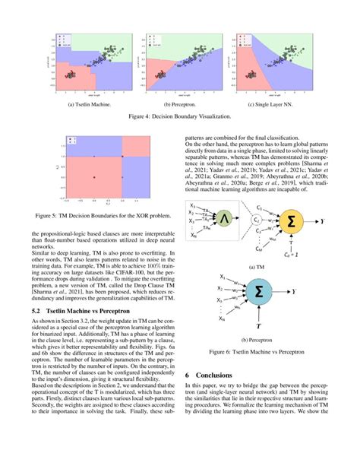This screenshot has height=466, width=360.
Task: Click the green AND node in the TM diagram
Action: tap(224, 220)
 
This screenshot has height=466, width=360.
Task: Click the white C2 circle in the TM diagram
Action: tap(257, 220)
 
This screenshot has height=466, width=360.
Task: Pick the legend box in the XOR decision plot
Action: tap(73, 139)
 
